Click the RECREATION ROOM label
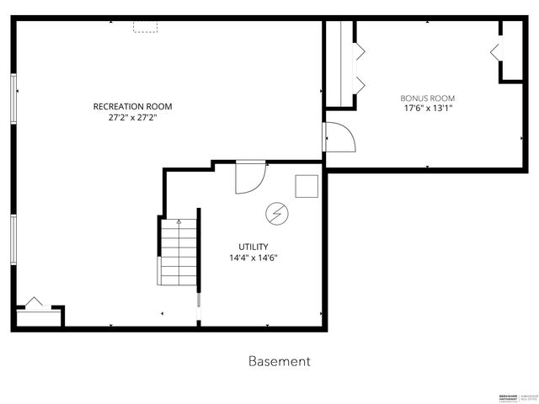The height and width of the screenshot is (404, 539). click(x=133, y=106)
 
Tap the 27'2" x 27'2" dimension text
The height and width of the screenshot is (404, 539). click(x=133, y=118)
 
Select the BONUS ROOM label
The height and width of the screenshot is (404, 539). click(x=427, y=98)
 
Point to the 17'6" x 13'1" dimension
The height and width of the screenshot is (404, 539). click(x=427, y=109)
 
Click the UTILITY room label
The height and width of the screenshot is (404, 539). click(x=253, y=247)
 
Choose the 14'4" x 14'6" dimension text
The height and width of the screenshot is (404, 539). click(x=253, y=258)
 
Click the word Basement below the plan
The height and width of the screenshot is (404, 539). click(x=280, y=361)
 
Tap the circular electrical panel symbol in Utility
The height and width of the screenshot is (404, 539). click(x=275, y=214)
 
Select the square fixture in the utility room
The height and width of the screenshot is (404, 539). click(x=307, y=185)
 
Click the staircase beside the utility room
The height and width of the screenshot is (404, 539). click(x=178, y=252)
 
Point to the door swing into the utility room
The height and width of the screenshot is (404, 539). click(x=250, y=178)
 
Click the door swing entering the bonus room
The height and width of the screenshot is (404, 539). click(x=340, y=136)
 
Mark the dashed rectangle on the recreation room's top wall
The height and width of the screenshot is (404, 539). click(x=146, y=27)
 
